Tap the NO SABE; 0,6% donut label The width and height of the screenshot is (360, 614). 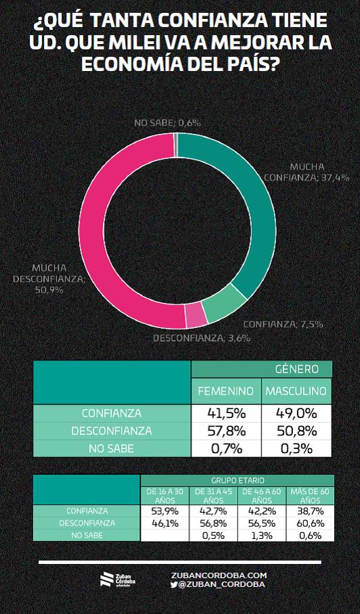pyautogui.click(x=167, y=122)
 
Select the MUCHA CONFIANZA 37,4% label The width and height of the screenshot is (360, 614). pyautogui.click(x=307, y=172)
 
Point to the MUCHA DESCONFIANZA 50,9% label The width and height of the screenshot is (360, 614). pyautogui.click(x=49, y=279)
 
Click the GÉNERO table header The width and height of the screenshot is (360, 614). pyautogui.click(x=296, y=369)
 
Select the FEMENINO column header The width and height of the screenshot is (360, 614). pyautogui.click(x=225, y=390)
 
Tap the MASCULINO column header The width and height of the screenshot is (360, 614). pyautogui.click(x=296, y=390)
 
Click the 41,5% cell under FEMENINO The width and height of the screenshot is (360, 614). pyautogui.click(x=226, y=413)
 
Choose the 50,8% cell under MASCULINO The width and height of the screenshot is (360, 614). pyautogui.click(x=296, y=431)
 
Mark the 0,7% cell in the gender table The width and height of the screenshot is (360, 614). pyautogui.click(x=227, y=448)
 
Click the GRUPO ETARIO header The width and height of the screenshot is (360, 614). pyautogui.click(x=238, y=480)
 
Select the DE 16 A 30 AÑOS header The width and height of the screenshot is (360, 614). pyautogui.click(x=164, y=496)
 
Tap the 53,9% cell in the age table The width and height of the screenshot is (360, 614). pyautogui.click(x=165, y=511)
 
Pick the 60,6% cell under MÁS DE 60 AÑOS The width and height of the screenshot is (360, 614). pyautogui.click(x=310, y=523)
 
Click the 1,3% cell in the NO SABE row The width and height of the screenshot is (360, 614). pyautogui.click(x=262, y=536)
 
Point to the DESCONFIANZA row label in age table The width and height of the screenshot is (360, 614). pyautogui.click(x=87, y=523)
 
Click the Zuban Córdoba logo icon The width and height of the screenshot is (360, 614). pyautogui.click(x=106, y=580)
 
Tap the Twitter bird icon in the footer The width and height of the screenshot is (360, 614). pyautogui.click(x=174, y=584)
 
